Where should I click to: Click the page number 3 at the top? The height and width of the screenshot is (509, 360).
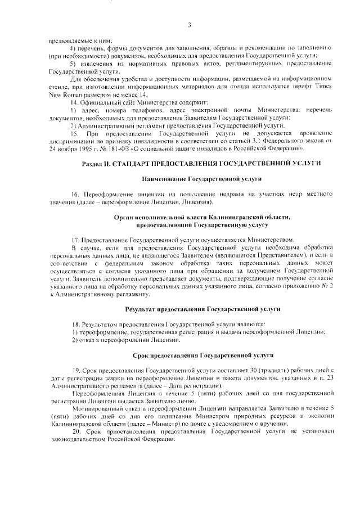point(190,25)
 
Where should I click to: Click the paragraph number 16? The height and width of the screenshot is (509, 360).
point(75,194)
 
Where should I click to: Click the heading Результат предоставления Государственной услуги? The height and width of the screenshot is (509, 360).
point(201,309)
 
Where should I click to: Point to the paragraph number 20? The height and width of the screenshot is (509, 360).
point(75,431)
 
